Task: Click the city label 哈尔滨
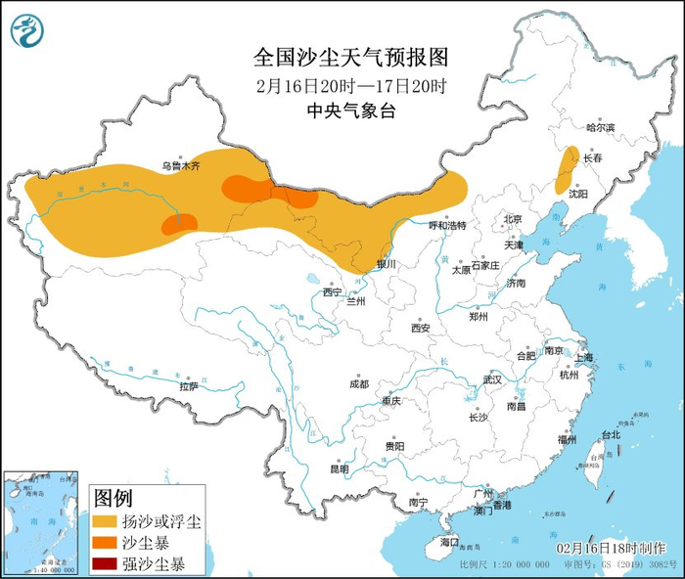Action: click(600, 128)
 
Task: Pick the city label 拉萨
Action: click(189, 386)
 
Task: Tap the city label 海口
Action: click(449, 541)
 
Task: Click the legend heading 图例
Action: click(114, 498)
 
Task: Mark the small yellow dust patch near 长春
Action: click(564, 170)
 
